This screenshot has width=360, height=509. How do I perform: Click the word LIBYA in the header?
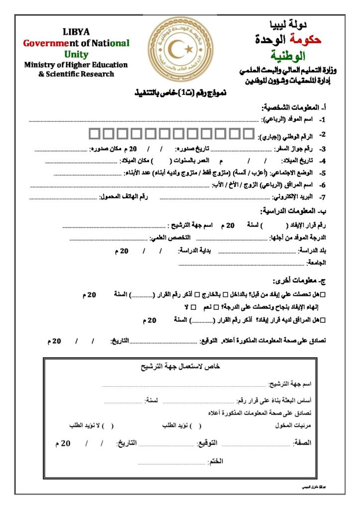76,32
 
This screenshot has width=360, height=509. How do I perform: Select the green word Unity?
76,54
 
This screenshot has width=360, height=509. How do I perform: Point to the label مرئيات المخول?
293,426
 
